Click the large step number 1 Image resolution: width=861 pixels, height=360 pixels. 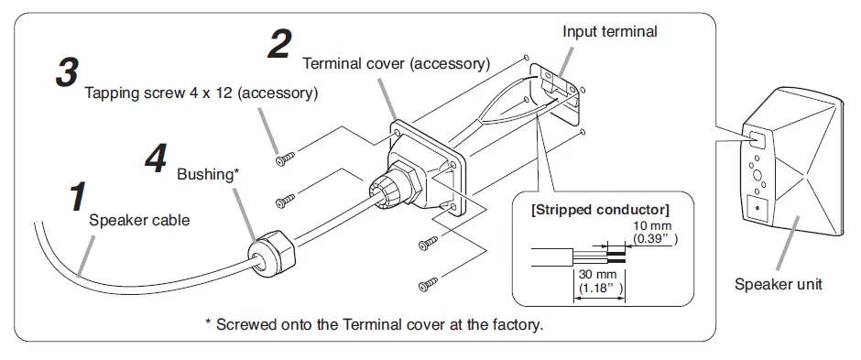[78, 198]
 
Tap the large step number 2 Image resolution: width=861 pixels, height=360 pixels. [279, 44]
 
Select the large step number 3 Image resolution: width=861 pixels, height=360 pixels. [67, 72]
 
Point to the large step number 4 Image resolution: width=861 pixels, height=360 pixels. [156, 158]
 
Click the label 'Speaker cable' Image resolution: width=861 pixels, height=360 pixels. [139, 221]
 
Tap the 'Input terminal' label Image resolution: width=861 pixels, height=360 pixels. [609, 32]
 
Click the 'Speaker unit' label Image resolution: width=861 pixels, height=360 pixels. [778, 284]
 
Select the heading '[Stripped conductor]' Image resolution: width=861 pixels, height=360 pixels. [600, 210]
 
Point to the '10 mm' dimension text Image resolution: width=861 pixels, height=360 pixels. [652, 226]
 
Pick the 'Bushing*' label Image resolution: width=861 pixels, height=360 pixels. [208, 175]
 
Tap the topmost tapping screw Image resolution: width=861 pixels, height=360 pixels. [285, 158]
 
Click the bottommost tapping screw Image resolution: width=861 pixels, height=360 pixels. [428, 284]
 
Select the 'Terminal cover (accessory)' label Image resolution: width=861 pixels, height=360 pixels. [396, 63]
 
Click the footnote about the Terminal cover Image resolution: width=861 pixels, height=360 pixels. [374, 324]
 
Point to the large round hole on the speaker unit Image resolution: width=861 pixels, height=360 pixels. [757, 176]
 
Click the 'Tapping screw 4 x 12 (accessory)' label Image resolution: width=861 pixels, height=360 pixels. [201, 93]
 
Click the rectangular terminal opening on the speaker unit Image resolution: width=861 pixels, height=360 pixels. [756, 139]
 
